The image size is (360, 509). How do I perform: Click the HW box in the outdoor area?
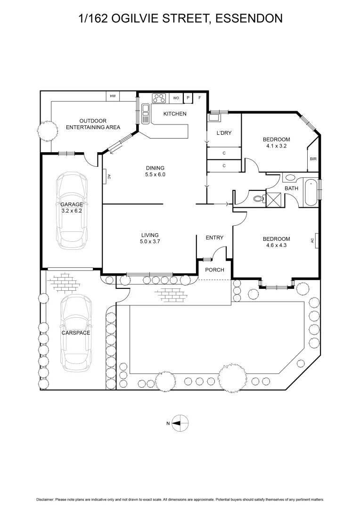113,96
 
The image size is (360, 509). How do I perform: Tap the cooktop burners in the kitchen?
159,99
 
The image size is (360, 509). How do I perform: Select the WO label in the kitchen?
176,98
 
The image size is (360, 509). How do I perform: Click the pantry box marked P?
188,98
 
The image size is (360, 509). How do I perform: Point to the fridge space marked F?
200,98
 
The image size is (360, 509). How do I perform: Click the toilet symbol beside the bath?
258,199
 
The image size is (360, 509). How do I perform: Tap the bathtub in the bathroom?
311,192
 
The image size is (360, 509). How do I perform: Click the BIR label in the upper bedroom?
313,159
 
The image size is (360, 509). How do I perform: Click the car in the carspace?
75,332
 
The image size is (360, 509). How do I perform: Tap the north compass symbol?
180,423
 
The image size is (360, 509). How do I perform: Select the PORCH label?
214,270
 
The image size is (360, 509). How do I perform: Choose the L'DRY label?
224,133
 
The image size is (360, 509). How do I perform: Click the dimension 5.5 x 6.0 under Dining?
155,175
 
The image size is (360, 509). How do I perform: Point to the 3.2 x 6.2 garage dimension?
72,211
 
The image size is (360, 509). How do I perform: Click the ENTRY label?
214,238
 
